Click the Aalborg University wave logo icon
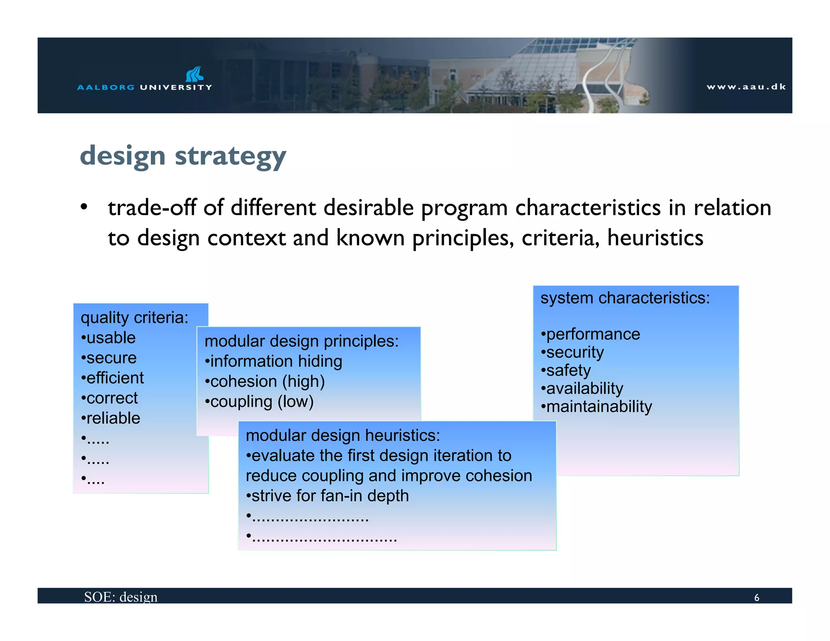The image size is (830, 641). (x=195, y=74)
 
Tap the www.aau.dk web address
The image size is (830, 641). (x=746, y=87)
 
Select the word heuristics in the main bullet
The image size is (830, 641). (x=655, y=238)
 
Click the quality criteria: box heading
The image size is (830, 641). (x=135, y=318)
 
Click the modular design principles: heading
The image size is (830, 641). (x=302, y=341)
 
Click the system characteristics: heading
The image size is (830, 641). (x=625, y=298)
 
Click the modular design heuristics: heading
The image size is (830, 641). (x=343, y=436)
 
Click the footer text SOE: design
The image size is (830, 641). (x=121, y=597)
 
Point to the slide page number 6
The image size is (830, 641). (x=756, y=598)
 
